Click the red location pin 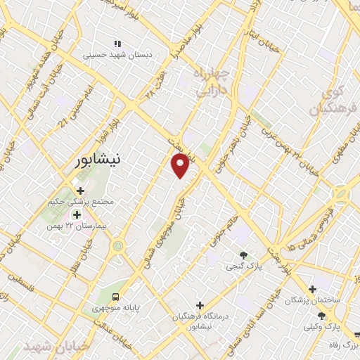[x=181, y=166]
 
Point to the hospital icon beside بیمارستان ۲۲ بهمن [x=77, y=214]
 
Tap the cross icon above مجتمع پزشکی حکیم [x=79, y=190]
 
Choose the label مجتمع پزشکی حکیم [x=87, y=201]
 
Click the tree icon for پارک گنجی [x=243, y=255]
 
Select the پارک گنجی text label [x=241, y=267]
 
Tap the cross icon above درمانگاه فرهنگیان [x=200, y=305]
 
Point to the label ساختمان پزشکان [x=312, y=300]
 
